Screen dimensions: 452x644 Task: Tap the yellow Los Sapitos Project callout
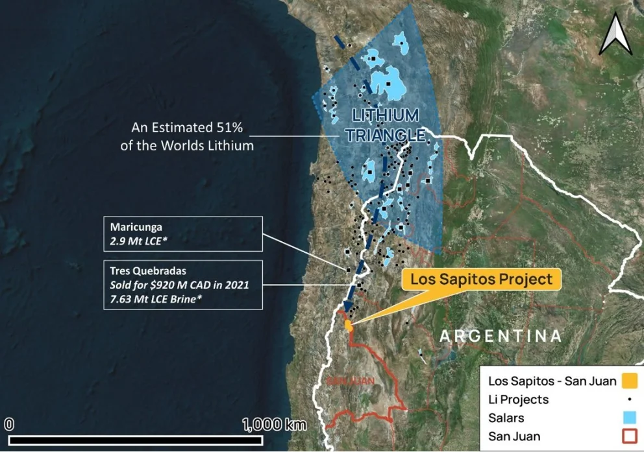coord(480,279)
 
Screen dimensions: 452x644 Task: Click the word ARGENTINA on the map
coord(500,336)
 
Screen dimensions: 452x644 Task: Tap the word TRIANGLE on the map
coord(385,135)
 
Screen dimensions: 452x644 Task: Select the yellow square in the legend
coord(628,381)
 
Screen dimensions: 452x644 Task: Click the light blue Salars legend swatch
coord(628,418)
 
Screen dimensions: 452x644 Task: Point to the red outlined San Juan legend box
coord(628,436)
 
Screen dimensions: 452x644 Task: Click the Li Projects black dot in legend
coord(628,399)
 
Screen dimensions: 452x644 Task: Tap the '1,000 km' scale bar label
coord(274,425)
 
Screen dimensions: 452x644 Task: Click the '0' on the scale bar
coord(9,425)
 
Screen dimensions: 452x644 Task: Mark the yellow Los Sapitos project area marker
coord(349,324)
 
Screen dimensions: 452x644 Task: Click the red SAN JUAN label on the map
coord(351,381)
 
